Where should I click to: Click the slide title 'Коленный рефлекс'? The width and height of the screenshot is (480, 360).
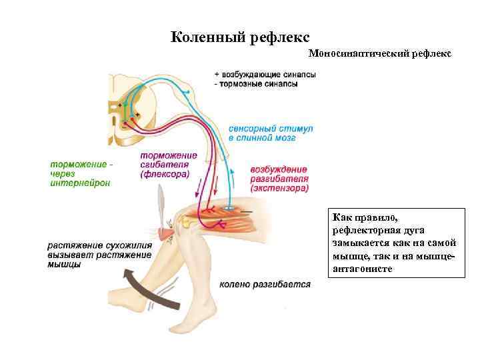240,37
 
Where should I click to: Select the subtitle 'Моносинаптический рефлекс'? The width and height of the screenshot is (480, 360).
381,52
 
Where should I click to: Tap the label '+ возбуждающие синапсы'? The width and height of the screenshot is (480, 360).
265,75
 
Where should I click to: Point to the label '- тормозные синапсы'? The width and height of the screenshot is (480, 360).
260,84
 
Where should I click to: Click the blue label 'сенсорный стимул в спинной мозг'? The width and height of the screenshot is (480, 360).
261,131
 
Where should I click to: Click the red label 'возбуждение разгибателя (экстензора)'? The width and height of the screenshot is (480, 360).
279,179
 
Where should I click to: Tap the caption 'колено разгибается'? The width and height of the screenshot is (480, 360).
265,285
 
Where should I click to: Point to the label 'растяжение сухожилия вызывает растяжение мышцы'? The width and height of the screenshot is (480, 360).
99,255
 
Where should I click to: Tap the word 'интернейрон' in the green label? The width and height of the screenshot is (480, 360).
80,183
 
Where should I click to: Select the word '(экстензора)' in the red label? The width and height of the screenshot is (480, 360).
280,188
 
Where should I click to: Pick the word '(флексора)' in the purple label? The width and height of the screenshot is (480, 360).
165,173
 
